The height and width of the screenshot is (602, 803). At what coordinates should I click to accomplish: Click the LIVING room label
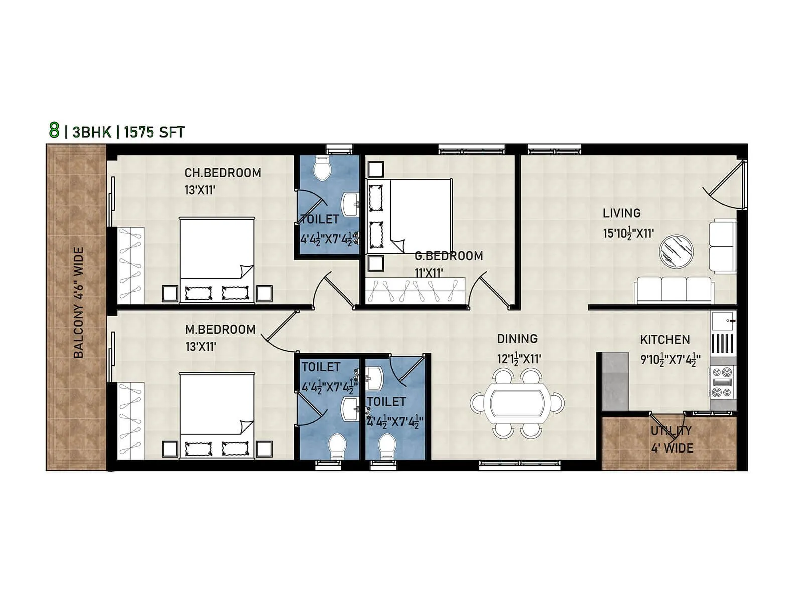(621, 213)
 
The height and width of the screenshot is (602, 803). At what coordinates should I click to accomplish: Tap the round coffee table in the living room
(676, 251)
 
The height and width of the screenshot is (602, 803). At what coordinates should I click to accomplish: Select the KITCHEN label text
(664, 340)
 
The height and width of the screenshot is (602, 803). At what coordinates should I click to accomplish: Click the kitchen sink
(723, 320)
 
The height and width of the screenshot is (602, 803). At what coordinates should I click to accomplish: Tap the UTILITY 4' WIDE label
(672, 439)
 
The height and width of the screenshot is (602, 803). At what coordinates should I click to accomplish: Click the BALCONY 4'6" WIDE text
(79, 303)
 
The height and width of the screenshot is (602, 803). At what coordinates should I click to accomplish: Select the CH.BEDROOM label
(223, 173)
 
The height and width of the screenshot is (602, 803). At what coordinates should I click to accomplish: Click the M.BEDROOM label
(220, 330)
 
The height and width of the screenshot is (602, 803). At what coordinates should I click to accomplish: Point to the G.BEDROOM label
(449, 256)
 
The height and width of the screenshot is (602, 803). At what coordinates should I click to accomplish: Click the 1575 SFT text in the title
(154, 132)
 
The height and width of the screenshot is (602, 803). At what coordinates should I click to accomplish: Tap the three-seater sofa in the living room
(674, 290)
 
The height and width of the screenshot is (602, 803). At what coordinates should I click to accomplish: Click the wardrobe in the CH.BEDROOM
(130, 265)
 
